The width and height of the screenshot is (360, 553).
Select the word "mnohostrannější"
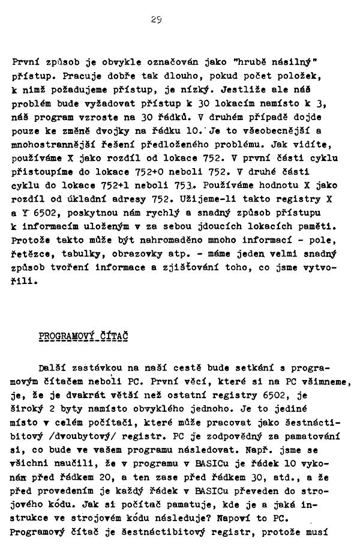pos(53,144)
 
